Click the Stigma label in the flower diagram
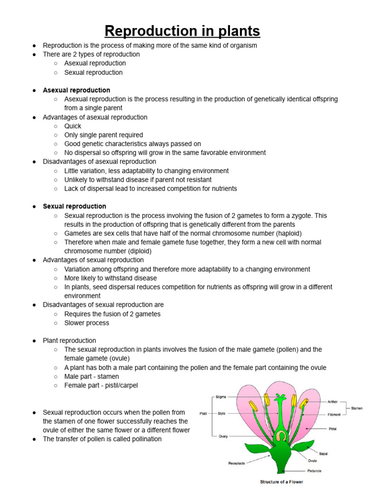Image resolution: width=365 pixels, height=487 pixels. point(221,396)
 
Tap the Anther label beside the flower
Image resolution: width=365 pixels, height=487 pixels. point(332,401)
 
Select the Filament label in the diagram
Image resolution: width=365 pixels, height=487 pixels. point(334,414)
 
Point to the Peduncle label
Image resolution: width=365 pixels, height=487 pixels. point(314,470)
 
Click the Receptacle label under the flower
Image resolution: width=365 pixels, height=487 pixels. point(236,463)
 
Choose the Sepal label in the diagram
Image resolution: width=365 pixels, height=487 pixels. point(323,454)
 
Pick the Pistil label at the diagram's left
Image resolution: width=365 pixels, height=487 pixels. point(203,414)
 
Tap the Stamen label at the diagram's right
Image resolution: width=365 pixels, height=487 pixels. point(357,408)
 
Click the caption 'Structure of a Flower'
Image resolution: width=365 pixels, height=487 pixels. point(282,482)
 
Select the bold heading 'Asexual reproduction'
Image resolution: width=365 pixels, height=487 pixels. point(77,90)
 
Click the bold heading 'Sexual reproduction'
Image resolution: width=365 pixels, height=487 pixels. point(75,206)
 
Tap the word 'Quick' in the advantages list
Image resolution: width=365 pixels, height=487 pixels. point(73,126)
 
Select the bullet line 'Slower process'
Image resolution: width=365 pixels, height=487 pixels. point(86,323)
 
